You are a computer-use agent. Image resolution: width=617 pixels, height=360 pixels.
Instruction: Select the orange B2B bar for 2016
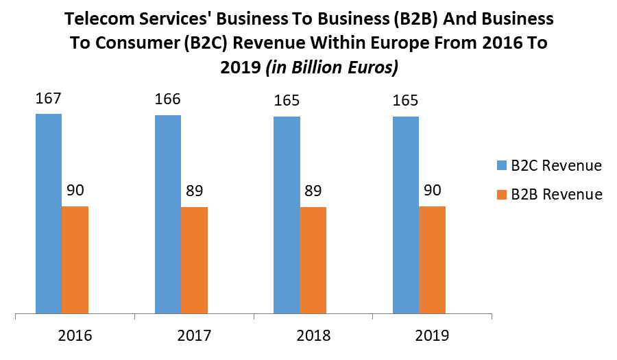pos(75,261)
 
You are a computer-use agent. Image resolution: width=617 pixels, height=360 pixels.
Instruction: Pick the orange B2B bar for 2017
pos(194,261)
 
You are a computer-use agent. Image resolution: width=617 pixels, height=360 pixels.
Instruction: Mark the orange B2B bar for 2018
pos(313,261)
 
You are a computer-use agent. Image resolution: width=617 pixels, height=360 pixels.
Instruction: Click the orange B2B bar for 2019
pos(433,261)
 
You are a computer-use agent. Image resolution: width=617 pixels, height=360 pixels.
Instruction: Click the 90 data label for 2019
pos(433,191)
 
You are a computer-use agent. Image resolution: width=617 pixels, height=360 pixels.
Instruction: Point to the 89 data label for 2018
pos(313,191)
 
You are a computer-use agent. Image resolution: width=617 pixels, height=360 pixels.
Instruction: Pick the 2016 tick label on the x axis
pos(75,336)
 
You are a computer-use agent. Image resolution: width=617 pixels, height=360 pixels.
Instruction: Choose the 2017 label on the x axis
pos(194,336)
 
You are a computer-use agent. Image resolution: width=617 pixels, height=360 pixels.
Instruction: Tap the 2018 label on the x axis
pos(313,336)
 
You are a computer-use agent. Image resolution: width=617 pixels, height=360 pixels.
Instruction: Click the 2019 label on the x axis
pos(432,336)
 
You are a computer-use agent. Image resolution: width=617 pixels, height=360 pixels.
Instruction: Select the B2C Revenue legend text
pos(556,166)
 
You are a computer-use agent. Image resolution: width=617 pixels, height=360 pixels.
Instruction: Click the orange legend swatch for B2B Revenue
pos(500,195)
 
